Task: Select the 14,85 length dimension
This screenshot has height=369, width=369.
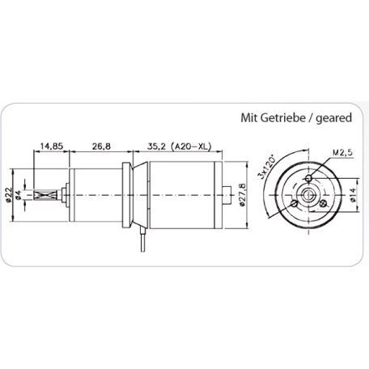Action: pos(52,146)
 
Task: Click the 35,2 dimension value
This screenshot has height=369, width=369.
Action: pos(159,146)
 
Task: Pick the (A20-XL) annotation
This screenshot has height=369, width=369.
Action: pos(194,146)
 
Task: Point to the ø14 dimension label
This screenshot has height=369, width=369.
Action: pos(353,195)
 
